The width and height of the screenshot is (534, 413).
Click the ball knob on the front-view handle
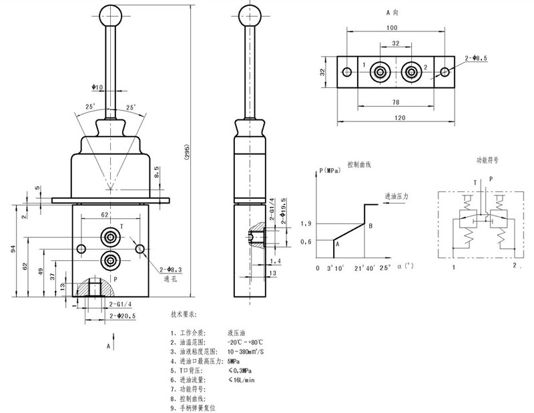(x=108, y=14)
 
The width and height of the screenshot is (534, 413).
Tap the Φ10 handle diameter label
(x=97, y=87)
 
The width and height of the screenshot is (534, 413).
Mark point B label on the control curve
(x=370, y=226)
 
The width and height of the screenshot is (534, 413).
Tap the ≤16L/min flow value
(x=241, y=380)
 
